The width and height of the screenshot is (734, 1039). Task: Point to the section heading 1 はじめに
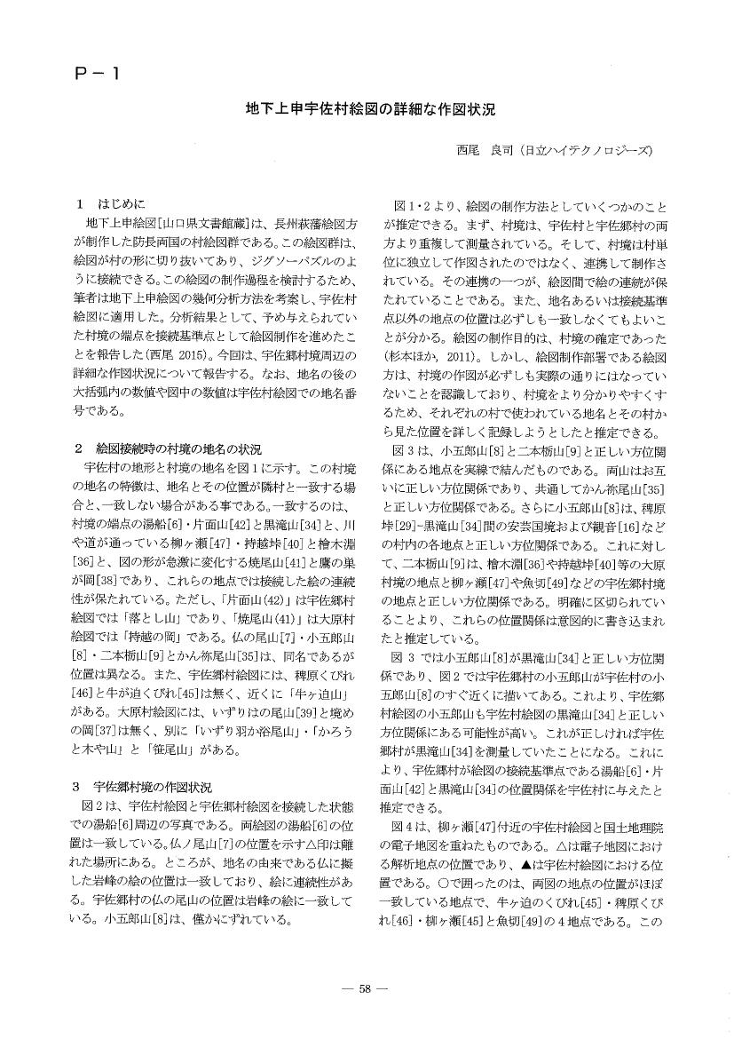tap(111, 203)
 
